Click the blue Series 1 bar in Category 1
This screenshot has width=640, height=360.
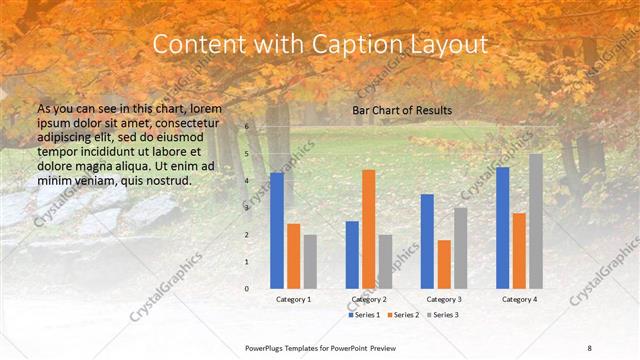[277, 230]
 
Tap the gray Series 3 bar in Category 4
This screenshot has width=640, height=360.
[536, 221]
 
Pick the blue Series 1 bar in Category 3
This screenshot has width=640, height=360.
[427, 241]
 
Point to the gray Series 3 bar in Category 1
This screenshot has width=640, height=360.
[310, 261]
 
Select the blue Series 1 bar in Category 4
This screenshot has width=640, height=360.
[502, 227]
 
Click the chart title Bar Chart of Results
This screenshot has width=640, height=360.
[402, 110]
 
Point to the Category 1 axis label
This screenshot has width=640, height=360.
[293, 299]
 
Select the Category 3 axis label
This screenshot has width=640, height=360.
[443, 299]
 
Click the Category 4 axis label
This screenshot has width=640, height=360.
[519, 299]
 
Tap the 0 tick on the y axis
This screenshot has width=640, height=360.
[247, 288]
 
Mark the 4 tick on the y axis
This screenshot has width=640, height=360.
[247, 181]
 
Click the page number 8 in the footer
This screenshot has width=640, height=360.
[590, 347]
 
